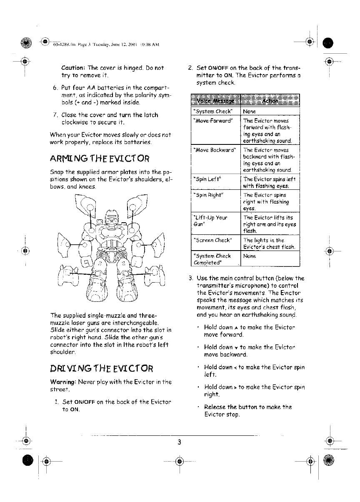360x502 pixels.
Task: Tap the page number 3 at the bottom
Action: point(178,442)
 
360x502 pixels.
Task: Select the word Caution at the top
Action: point(73,68)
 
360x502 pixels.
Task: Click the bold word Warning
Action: point(74,383)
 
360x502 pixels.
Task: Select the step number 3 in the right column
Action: point(190,278)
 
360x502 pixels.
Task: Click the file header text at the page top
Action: point(107,45)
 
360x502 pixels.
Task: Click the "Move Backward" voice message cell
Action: point(213,150)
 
